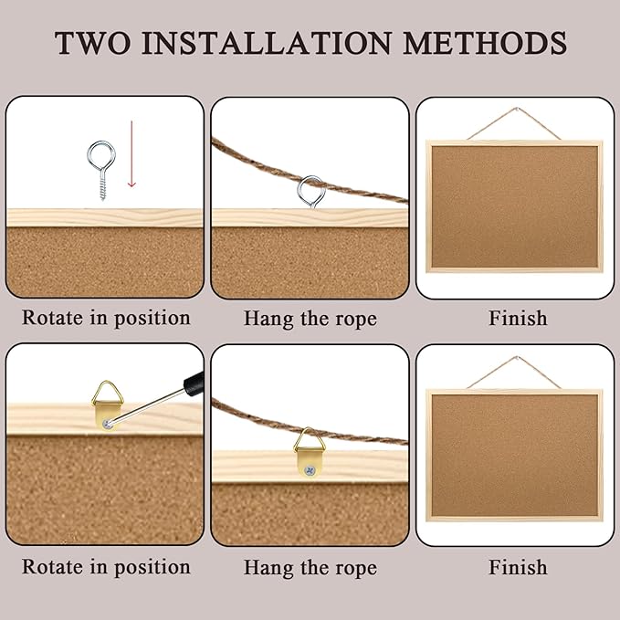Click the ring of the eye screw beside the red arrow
point(98,152)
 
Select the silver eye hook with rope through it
point(310,189)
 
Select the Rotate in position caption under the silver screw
point(106,319)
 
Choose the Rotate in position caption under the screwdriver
point(106,567)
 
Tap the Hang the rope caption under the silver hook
point(310,319)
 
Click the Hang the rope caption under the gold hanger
point(310,567)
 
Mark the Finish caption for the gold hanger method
point(518,567)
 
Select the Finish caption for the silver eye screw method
point(518,319)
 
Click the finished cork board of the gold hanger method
point(514,455)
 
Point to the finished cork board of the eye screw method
point(514,205)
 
